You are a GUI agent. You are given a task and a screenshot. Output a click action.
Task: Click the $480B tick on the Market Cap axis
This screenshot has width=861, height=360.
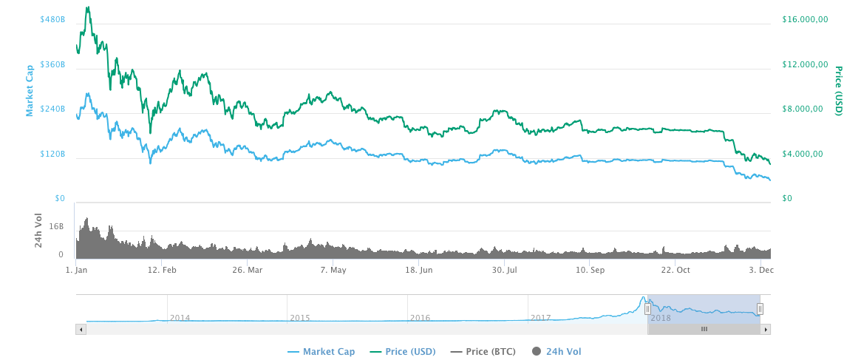pos(52,19)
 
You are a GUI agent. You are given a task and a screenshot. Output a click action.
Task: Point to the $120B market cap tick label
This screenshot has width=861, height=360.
pos(52,154)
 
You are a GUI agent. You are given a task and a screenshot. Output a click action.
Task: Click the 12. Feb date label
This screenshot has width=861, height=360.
pos(162,271)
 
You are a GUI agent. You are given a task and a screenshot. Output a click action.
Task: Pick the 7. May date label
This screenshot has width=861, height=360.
pos(333,271)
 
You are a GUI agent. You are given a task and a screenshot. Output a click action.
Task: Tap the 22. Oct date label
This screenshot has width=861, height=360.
pos(675,271)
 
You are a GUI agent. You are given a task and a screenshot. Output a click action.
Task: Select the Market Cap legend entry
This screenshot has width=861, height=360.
pos(321,352)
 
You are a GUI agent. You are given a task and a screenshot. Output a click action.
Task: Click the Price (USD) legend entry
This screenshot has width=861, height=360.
pos(403,352)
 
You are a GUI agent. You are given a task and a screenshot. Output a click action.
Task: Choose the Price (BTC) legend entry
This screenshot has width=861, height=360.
pos(483,352)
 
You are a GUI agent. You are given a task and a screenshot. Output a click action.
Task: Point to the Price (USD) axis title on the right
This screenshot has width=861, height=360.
pos(839,91)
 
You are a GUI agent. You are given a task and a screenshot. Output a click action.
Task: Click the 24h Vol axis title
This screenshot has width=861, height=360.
pos(38,230)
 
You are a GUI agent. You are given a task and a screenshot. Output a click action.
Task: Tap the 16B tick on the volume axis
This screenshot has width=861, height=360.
pos(57,226)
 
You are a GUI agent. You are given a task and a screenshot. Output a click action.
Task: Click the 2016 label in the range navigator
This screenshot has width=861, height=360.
pos(420,318)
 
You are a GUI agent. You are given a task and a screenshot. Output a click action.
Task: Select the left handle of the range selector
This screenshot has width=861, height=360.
pos(647,309)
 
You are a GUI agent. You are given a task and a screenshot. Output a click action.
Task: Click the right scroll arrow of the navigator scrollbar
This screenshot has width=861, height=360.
pos(766,329)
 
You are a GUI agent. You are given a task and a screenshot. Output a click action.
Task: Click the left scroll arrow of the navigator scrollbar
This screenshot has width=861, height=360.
pos(81,329)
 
